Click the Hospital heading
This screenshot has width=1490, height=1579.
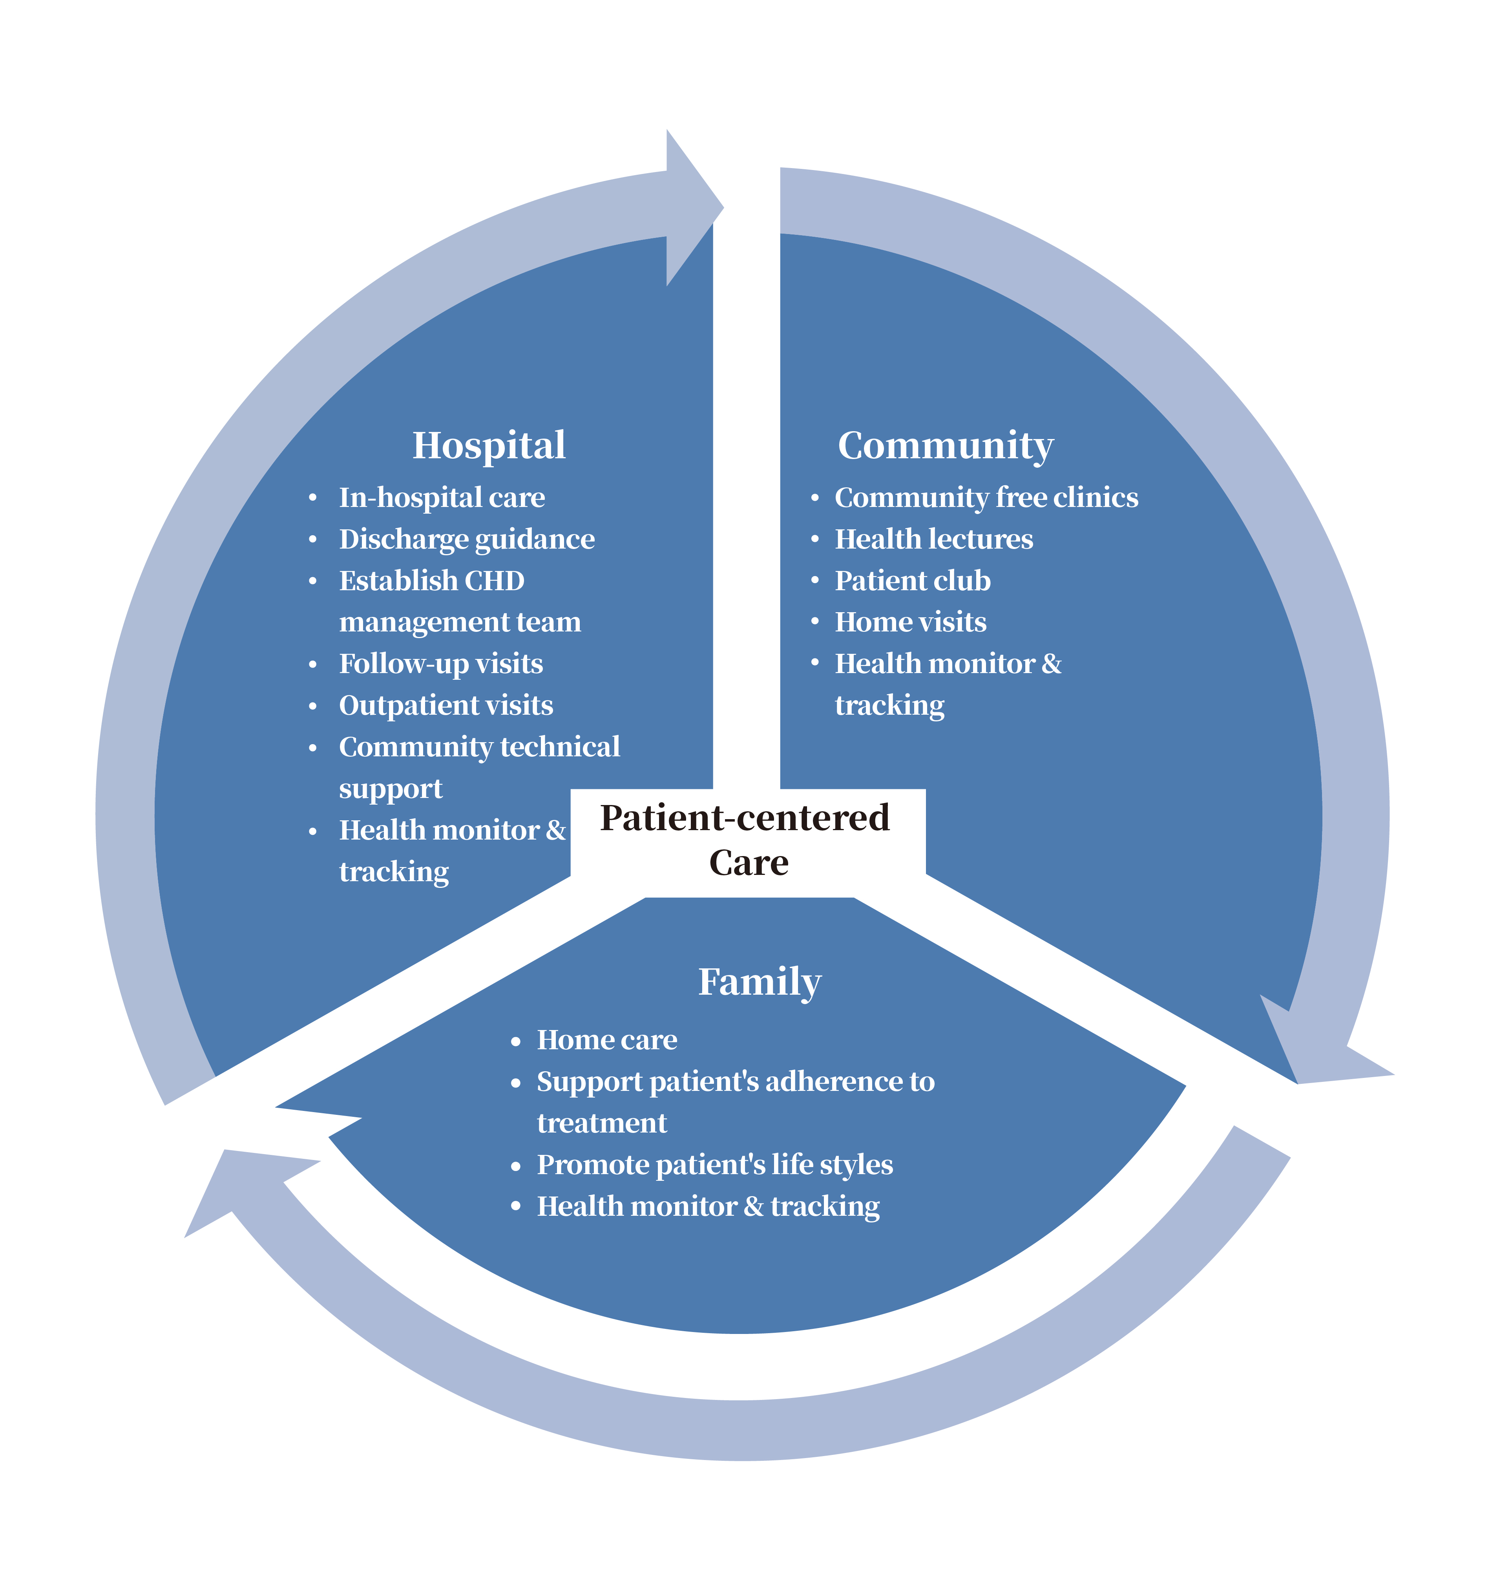point(488,445)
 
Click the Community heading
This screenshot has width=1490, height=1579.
point(945,445)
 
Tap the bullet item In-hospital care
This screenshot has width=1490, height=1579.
point(442,498)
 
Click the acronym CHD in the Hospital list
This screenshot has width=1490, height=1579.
point(494,581)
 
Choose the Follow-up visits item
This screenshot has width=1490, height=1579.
point(441,664)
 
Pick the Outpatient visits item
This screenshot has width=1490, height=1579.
point(446,706)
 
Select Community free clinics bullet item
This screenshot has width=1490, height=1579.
point(986,498)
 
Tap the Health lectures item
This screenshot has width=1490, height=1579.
point(933,540)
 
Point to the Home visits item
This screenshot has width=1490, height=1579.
point(910,622)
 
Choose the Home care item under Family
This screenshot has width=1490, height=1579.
point(607,1039)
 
